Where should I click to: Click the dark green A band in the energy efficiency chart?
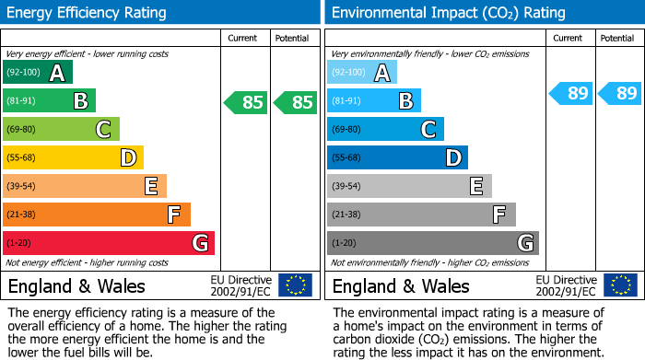click(38, 73)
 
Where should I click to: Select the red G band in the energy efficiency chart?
click(109, 243)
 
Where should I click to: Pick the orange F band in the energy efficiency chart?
click(97, 215)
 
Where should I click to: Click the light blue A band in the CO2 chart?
click(362, 73)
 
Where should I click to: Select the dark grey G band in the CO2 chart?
click(433, 243)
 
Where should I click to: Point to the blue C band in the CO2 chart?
click(385, 130)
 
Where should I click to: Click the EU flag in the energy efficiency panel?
click(295, 285)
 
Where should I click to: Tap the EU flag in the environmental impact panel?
click(619, 285)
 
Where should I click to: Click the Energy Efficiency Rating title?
click(88, 13)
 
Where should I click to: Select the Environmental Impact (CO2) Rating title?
click(448, 13)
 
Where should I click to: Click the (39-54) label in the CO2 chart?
click(348, 187)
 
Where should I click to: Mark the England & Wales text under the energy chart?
click(76, 286)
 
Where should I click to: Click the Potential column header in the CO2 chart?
click(617, 38)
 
